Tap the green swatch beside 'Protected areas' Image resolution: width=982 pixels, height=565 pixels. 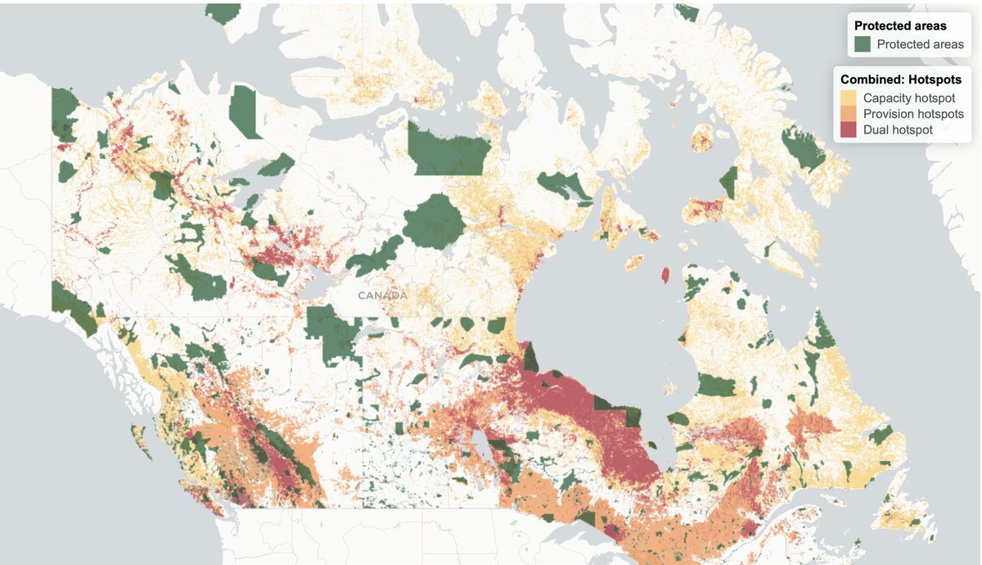pyautogui.click(x=863, y=44)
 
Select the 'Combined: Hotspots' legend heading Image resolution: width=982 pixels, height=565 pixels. pyautogui.click(x=901, y=79)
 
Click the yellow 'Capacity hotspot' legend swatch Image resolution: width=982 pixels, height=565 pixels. pyautogui.click(x=849, y=97)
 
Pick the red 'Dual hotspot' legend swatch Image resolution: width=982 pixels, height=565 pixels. pyautogui.click(x=849, y=129)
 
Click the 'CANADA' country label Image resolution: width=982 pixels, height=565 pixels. pyautogui.click(x=382, y=295)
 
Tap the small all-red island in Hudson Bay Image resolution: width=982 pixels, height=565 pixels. pyautogui.click(x=665, y=275)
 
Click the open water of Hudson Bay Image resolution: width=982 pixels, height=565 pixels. pyautogui.click(x=597, y=319)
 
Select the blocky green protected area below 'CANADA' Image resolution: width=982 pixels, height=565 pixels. pyautogui.click(x=334, y=334)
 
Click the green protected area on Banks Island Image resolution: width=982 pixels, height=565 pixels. pyautogui.click(x=244, y=111)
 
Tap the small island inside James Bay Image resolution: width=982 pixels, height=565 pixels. pyautogui.click(x=677, y=419)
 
